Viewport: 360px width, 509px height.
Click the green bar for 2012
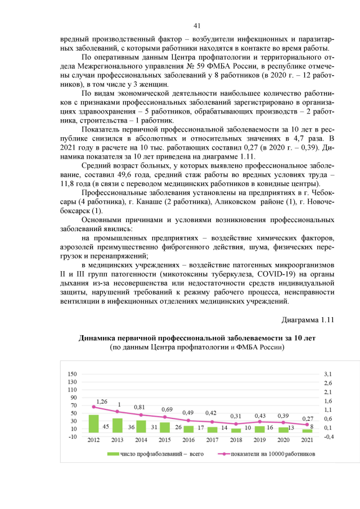94,424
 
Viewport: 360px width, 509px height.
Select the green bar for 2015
164,427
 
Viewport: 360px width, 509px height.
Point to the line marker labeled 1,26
94,407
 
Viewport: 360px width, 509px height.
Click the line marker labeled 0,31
236,424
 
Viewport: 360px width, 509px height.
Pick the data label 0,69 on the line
167,409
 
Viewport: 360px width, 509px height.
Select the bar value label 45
105,427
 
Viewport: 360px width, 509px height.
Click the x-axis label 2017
211,440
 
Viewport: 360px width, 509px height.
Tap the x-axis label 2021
307,440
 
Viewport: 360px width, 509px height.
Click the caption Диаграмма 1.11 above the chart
308,320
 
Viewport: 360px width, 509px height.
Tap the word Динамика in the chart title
100,338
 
